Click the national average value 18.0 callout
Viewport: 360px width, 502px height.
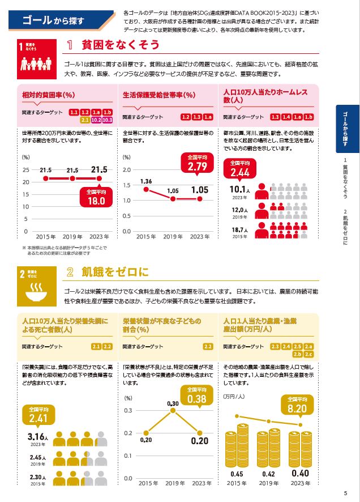coord(96,197)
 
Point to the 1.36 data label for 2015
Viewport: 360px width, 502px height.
coord(145,181)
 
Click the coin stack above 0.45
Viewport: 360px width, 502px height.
coord(237,449)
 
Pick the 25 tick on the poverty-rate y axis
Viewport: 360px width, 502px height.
coord(26,170)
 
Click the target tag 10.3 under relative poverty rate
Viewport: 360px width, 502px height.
coord(107,120)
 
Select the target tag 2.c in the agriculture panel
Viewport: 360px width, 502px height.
coord(308,355)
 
